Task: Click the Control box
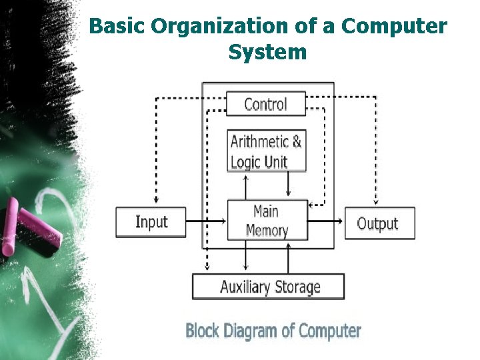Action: (x=266, y=103)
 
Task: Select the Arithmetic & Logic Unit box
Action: (x=266, y=150)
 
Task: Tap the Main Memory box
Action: (x=267, y=220)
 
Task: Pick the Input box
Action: (x=151, y=222)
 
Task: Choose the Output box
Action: (x=380, y=223)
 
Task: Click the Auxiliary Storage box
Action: (x=268, y=287)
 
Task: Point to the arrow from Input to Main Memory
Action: (x=206, y=221)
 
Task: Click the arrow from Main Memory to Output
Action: (x=325, y=221)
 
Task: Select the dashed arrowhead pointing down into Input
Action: (x=156, y=200)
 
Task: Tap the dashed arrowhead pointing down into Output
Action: (x=376, y=201)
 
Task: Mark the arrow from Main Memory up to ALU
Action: (x=245, y=187)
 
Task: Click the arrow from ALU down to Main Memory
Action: (x=288, y=184)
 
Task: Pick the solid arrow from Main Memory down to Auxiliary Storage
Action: (x=245, y=255)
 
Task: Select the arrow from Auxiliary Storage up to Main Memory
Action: (x=288, y=258)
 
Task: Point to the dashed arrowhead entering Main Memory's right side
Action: (x=311, y=205)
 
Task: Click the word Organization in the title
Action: (x=220, y=27)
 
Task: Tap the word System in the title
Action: (x=267, y=53)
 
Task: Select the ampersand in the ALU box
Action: (x=297, y=142)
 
